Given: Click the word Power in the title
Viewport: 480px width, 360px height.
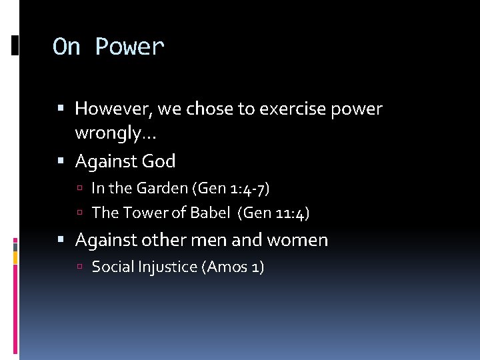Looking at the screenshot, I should pyautogui.click(x=129, y=47).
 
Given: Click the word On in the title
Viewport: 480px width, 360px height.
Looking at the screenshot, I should pyautogui.click(x=67, y=47).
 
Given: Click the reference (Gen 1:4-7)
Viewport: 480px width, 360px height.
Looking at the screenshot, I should pyautogui.click(x=231, y=188).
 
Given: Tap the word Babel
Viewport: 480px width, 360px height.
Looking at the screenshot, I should pyautogui.click(x=207, y=213).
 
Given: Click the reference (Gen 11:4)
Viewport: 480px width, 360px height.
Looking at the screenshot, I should pyautogui.click(x=274, y=213).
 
